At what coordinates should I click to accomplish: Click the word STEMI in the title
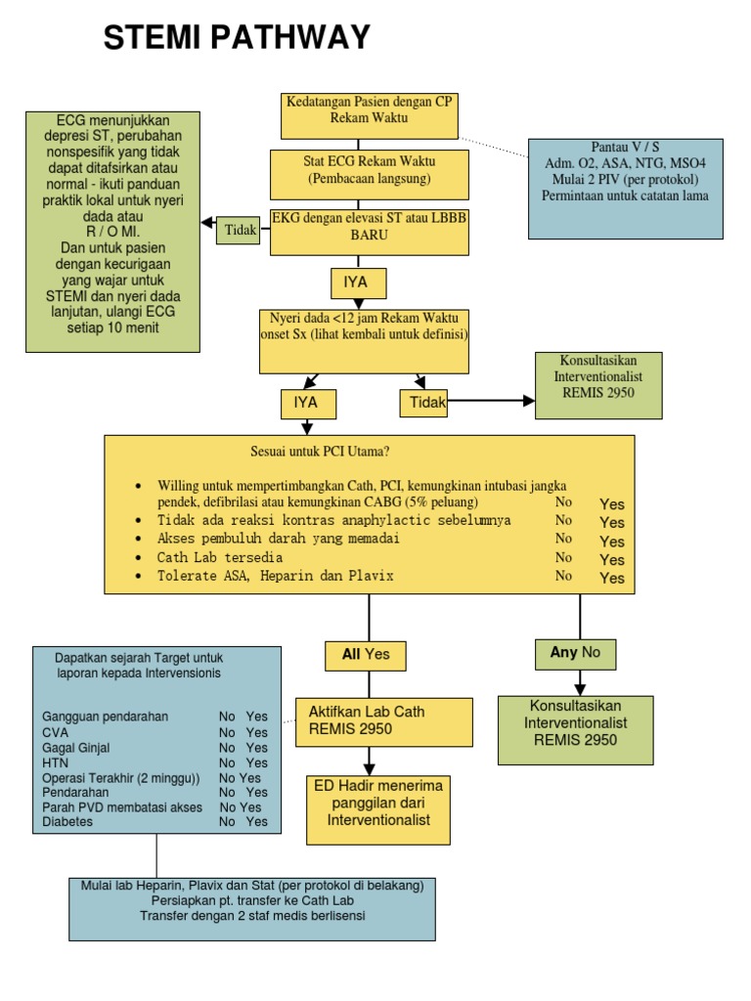(x=151, y=38)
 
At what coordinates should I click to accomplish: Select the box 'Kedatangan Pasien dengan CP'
(x=368, y=115)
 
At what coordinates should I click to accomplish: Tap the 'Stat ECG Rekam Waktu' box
(x=368, y=172)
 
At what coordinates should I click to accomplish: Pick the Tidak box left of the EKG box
(x=239, y=231)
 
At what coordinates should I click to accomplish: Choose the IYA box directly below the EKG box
(x=358, y=283)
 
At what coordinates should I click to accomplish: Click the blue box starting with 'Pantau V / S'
(x=625, y=188)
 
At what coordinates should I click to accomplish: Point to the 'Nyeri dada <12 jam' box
(x=364, y=341)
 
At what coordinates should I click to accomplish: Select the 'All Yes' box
(x=366, y=655)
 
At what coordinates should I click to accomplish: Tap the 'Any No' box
(x=576, y=653)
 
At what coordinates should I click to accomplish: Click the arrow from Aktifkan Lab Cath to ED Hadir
(x=369, y=760)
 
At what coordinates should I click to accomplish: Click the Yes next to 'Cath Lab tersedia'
(x=612, y=559)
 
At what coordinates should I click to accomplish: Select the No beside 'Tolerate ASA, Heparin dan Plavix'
(x=563, y=576)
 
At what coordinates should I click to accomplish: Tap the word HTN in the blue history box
(x=55, y=762)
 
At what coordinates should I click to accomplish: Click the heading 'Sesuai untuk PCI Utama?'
(x=320, y=452)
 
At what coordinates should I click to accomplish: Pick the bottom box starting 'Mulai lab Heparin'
(x=252, y=907)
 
